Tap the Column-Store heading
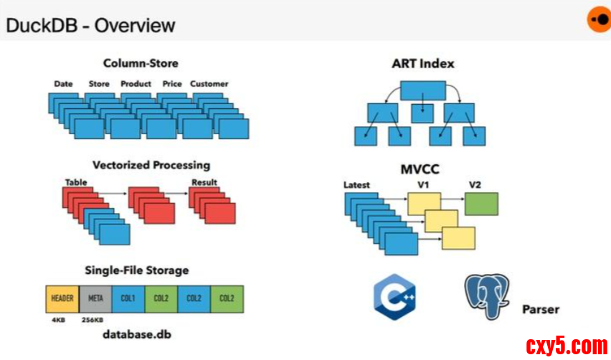pos(141,64)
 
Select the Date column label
pos(63,84)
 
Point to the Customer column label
pos(209,84)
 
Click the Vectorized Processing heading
pos(151,165)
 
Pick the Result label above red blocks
pos(204,183)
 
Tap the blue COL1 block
pos(128,298)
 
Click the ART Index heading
pos(422,64)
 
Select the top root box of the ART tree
pos(423,90)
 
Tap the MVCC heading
pos(420,169)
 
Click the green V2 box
pos(481,204)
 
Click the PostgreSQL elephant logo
pos(488,294)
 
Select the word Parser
pos(540,310)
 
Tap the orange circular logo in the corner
pos(597,19)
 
